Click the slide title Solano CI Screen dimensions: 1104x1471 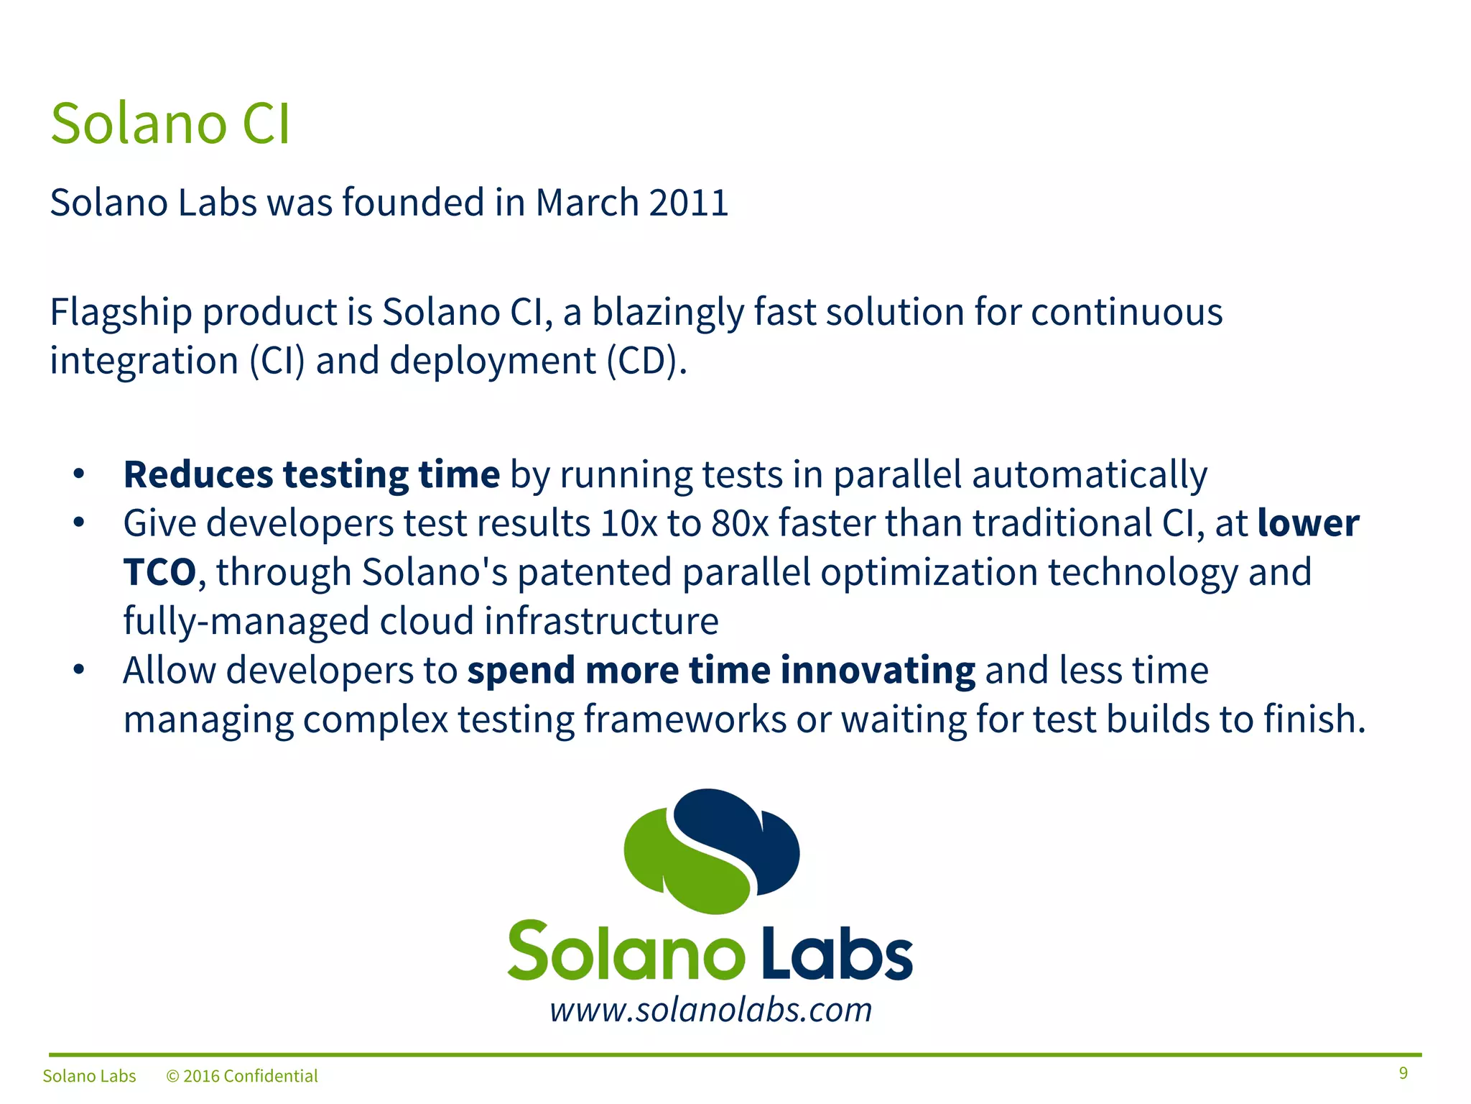[170, 124]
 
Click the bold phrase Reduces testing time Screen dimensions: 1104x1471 [311, 475]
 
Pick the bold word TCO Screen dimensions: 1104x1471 [159, 573]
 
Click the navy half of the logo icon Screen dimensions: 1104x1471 [747, 834]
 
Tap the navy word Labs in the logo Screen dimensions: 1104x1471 [837, 952]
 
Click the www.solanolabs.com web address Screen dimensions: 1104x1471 [710, 1011]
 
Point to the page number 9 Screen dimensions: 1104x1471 [1403, 1073]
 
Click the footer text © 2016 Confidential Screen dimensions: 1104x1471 [242, 1076]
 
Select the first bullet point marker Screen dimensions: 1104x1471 [79, 474]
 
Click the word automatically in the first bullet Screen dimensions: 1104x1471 [1089, 475]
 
